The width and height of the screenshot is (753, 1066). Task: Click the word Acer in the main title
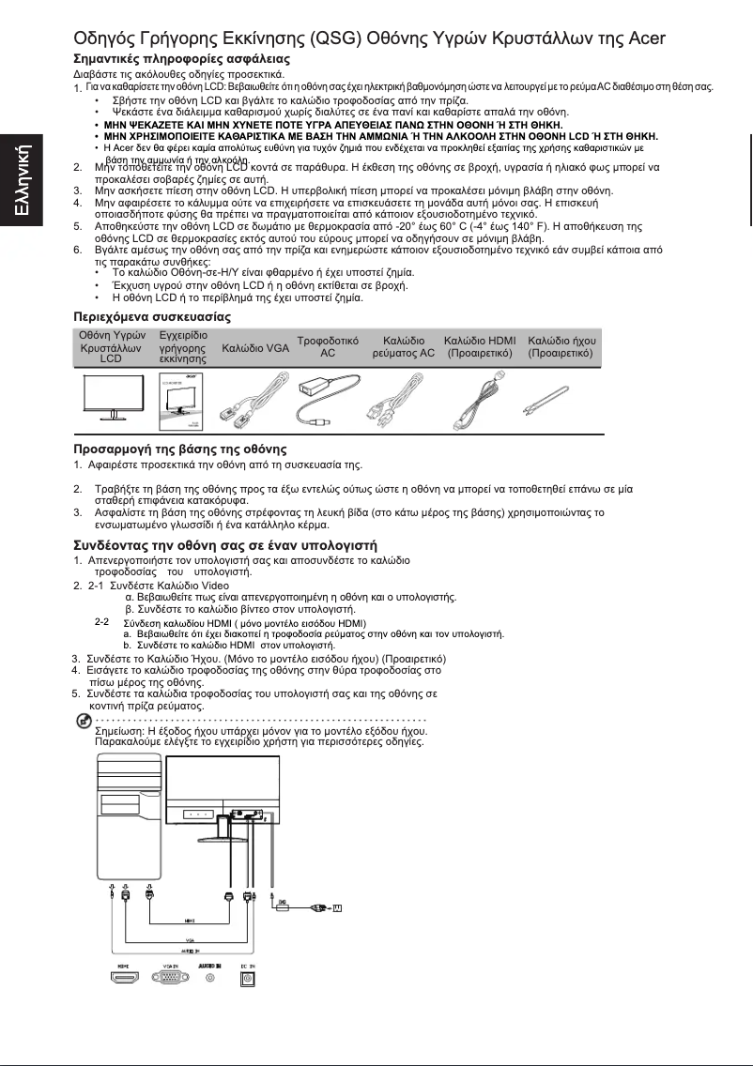tap(645, 39)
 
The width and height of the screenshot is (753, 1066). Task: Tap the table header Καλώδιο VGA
tap(255, 348)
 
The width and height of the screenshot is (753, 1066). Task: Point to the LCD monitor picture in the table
tap(110, 397)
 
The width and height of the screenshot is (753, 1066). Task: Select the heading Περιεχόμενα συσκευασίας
tap(152, 317)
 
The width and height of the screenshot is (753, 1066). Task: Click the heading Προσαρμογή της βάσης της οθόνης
tap(180, 449)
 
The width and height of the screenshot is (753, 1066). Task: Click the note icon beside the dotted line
tap(83, 719)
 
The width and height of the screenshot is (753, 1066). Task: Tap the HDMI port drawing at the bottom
tap(123, 977)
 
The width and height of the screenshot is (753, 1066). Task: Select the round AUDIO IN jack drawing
tap(209, 977)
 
